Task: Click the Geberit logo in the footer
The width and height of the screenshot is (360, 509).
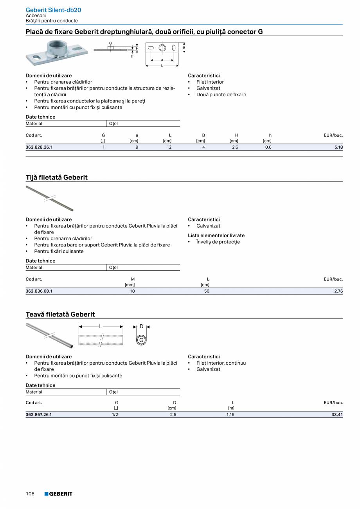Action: click(58, 494)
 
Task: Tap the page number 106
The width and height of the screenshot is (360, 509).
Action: click(30, 494)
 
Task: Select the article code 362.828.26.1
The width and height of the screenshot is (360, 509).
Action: click(39, 147)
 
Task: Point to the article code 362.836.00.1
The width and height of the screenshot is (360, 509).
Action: click(39, 291)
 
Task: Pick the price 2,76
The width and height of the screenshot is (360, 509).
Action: click(338, 291)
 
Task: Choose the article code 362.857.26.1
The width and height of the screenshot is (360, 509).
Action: click(39, 415)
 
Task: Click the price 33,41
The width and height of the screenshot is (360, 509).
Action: click(337, 415)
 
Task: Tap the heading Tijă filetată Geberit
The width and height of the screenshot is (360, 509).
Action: click(56, 177)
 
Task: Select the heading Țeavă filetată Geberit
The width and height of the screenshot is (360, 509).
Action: click(60, 314)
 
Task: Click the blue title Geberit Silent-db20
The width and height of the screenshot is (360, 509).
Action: click(53, 10)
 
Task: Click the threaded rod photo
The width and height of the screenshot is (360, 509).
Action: click(49, 198)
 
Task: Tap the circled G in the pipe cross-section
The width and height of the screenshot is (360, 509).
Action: click(141, 340)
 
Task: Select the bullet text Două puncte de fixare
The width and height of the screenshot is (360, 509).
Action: click(221, 95)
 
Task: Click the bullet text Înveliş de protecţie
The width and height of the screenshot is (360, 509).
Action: click(218, 242)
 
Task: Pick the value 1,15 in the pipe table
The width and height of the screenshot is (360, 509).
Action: click(230, 415)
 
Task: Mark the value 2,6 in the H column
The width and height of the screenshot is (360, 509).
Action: click(235, 147)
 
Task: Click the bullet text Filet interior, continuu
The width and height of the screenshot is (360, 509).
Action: click(221, 363)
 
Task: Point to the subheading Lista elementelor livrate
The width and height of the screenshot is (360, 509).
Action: click(216, 236)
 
